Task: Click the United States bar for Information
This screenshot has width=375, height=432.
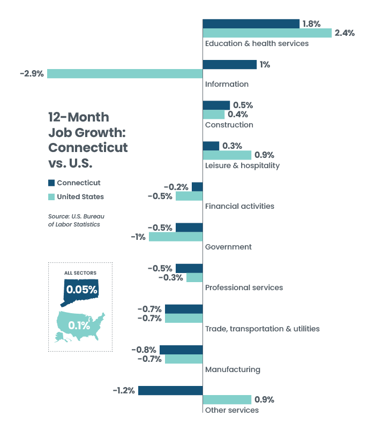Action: point(125,74)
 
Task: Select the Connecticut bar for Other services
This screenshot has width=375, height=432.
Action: point(170,390)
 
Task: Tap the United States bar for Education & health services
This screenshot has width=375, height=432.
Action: point(267,33)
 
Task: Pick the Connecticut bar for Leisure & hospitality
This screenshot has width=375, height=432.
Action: point(211,146)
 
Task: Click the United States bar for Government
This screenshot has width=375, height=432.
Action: point(176,237)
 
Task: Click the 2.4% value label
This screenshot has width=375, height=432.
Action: point(344,33)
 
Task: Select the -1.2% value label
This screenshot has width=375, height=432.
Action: point(124,390)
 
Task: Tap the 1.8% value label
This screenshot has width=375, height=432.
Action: point(311,24)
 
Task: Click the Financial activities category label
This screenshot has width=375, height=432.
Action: point(239,206)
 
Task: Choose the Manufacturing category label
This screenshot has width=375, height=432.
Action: point(232,369)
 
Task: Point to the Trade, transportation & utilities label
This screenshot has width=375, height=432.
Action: point(262,329)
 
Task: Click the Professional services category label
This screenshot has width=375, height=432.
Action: point(244,287)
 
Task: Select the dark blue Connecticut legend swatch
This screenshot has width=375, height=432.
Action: point(51,183)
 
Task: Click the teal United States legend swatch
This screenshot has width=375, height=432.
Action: point(51,196)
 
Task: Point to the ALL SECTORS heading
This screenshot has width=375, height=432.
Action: point(80,273)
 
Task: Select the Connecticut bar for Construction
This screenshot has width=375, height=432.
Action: point(216,105)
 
